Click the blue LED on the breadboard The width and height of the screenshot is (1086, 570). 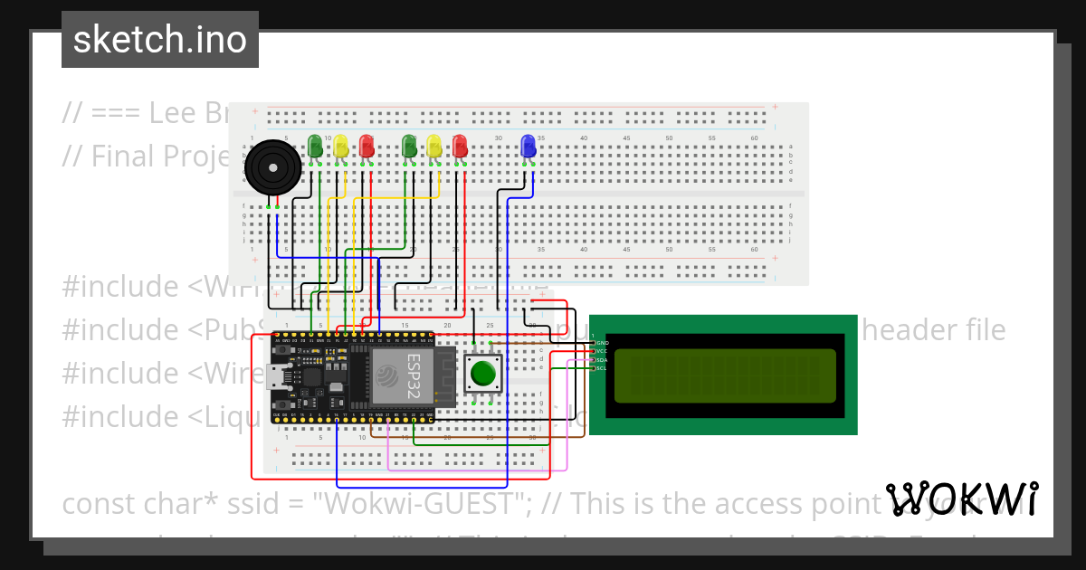(529, 146)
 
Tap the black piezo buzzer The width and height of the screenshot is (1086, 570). (272, 167)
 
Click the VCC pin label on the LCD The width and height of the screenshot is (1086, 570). (602, 352)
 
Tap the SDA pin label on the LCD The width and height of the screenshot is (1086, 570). (602, 360)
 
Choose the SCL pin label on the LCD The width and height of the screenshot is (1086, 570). (602, 368)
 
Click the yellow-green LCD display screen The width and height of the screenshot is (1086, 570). (725, 375)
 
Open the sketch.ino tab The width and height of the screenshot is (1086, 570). (160, 40)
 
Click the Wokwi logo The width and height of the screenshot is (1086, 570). (962, 499)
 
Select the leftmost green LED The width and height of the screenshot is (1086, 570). (314, 146)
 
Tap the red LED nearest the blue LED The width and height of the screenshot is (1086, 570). (460, 146)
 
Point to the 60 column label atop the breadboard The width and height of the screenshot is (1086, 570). (753, 138)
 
